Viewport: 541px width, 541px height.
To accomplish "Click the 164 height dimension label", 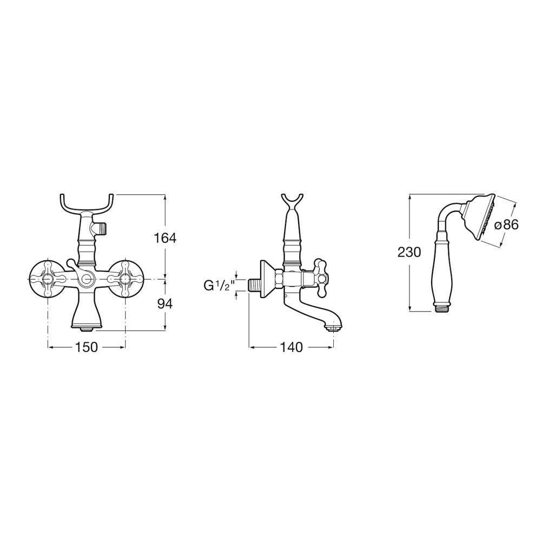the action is click(x=165, y=237).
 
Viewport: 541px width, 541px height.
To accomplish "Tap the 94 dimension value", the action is click(x=165, y=304).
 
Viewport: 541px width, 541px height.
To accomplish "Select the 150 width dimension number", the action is click(x=86, y=347).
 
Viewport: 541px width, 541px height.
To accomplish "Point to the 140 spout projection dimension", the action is click(x=291, y=347).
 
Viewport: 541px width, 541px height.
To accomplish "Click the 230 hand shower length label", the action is click(x=409, y=252).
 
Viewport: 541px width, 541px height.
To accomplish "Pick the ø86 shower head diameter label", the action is click(x=506, y=225).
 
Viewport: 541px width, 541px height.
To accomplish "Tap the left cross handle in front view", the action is click(x=47, y=278).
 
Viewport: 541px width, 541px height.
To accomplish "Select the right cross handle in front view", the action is click(x=125, y=278).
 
